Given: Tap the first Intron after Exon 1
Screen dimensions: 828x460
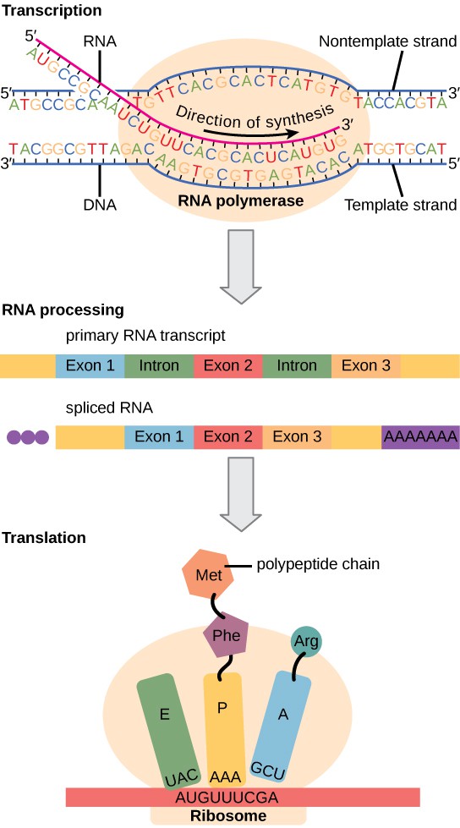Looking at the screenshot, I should pyautogui.click(x=160, y=366).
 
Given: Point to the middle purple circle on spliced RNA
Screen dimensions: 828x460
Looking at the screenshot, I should pyautogui.click(x=28, y=438).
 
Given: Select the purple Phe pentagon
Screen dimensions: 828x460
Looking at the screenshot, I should pyautogui.click(x=224, y=634).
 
